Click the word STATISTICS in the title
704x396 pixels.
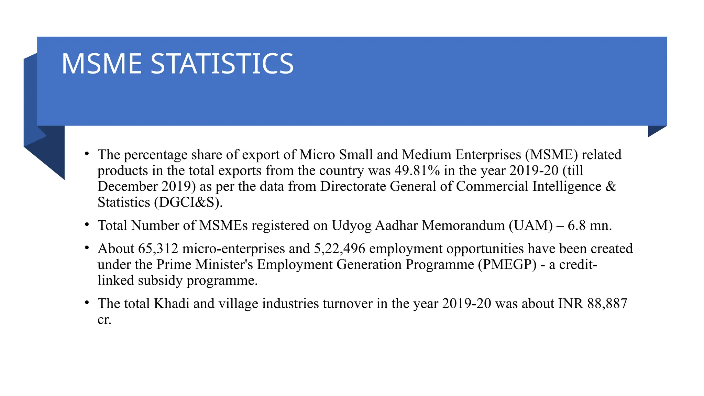[222, 64]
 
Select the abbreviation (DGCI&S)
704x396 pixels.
[188, 202]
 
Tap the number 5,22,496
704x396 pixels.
[339, 249]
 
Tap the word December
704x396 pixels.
[127, 186]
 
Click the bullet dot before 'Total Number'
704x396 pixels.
[87, 225]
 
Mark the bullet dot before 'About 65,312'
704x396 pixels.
[87, 248]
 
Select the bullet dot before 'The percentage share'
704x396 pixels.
[87, 154]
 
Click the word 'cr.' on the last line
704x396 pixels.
[104, 320]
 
